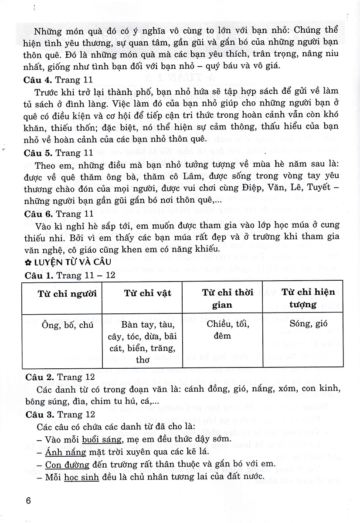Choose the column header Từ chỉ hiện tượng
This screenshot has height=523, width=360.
[x=305, y=298]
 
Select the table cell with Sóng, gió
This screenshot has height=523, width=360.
[x=305, y=325]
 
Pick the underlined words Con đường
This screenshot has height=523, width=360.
[x=68, y=465]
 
